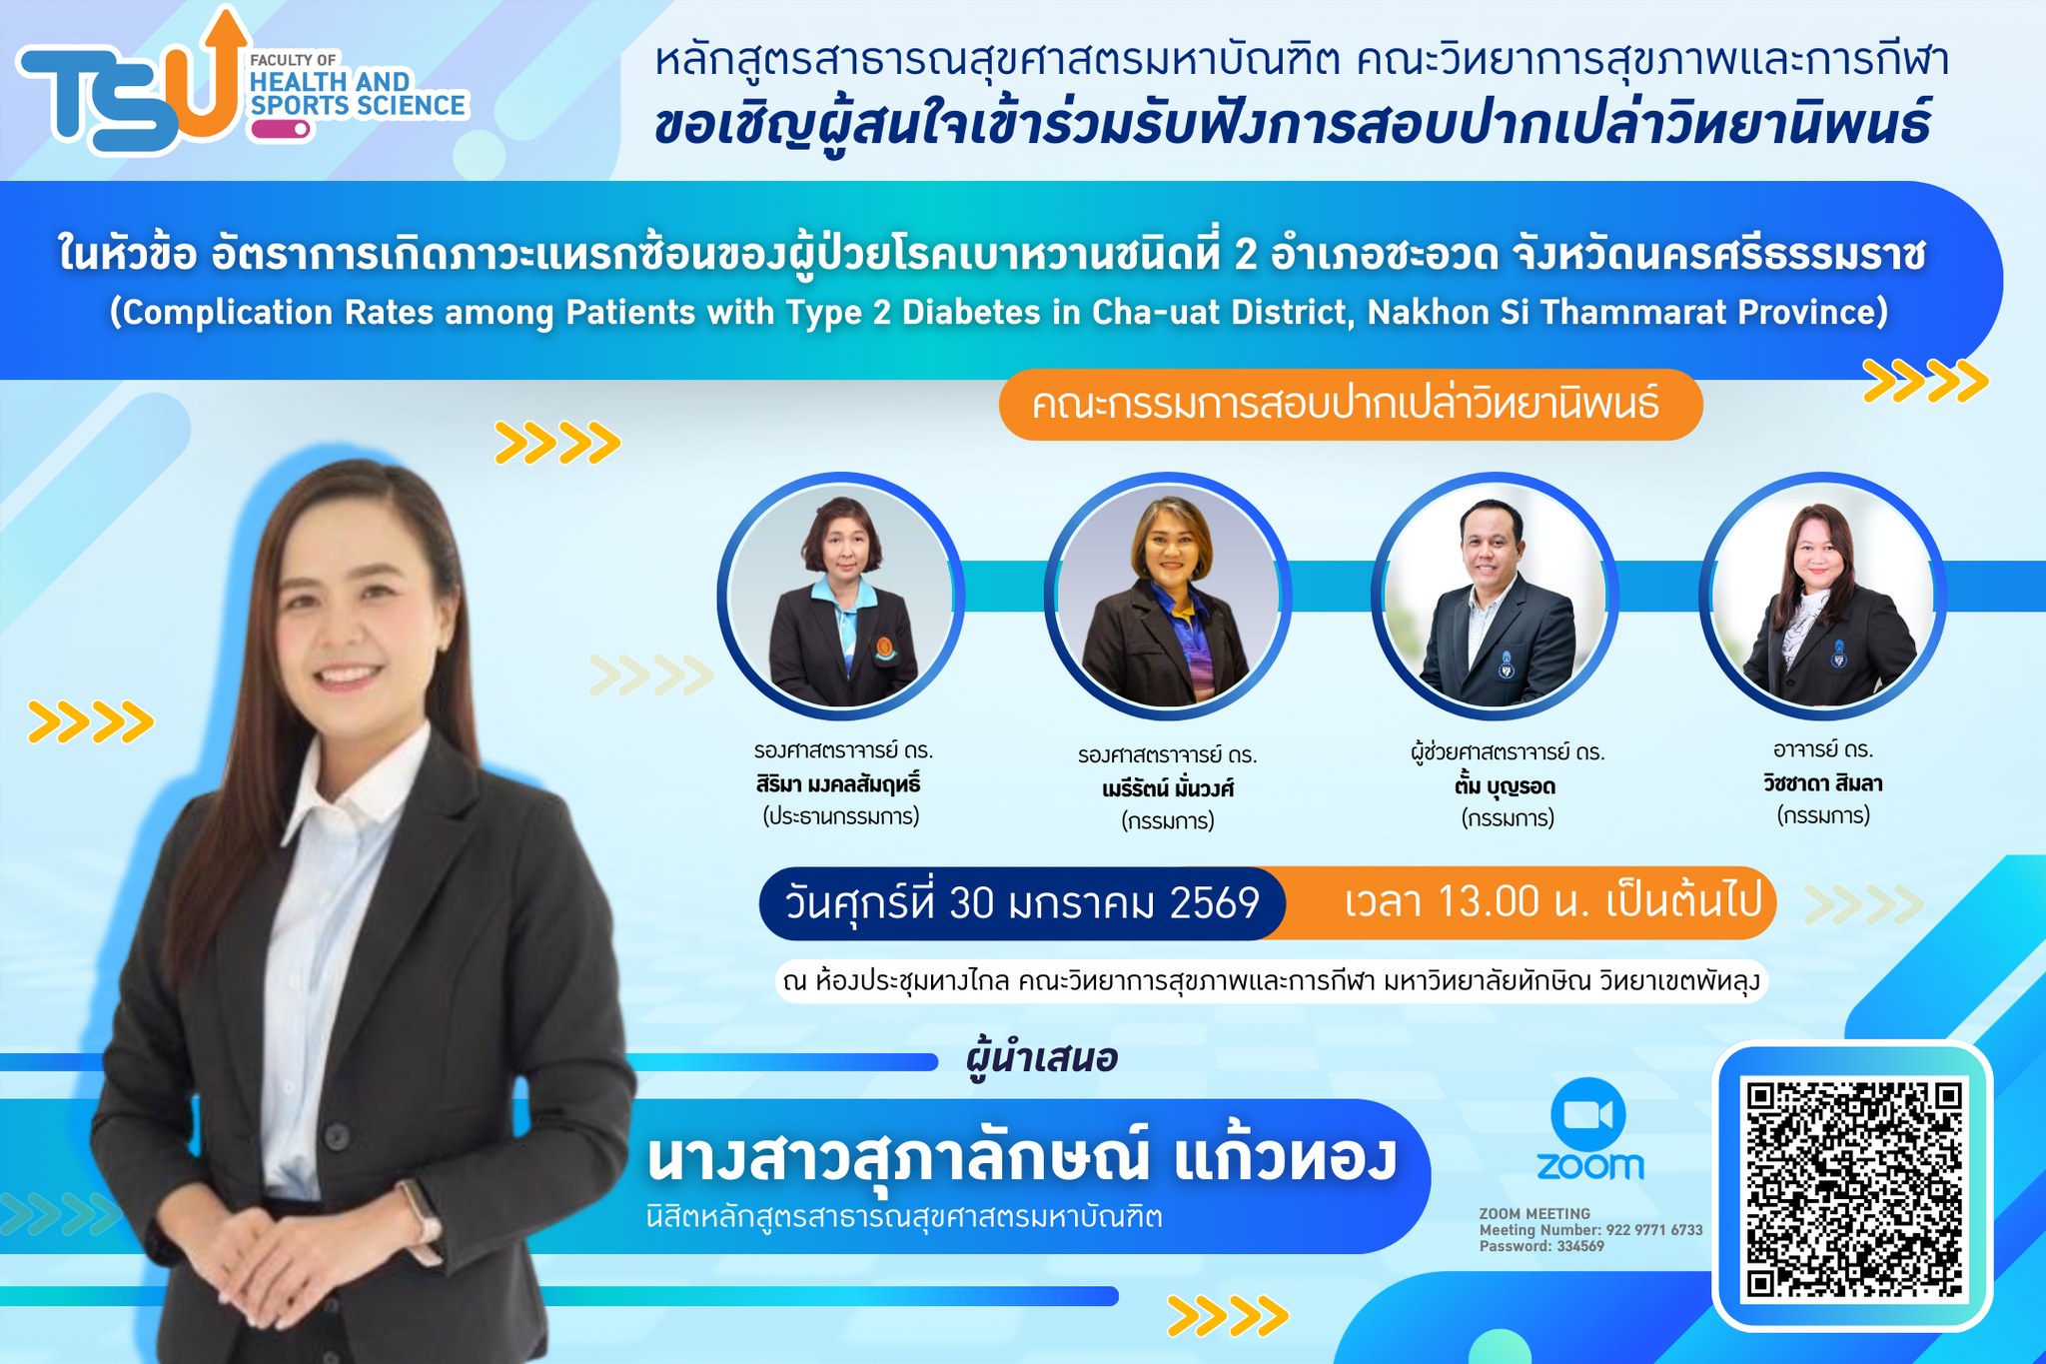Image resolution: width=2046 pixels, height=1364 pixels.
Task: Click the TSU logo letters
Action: click(x=130, y=85)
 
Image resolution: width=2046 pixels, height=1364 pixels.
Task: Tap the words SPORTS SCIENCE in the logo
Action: click(x=358, y=106)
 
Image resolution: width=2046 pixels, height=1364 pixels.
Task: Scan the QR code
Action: click(x=1853, y=1189)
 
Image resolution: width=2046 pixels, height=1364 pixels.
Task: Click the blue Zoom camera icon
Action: click(x=1588, y=1113)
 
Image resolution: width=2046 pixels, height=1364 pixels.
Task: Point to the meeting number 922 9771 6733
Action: click(x=1654, y=1230)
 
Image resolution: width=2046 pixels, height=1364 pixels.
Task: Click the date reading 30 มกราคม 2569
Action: click(x=1104, y=903)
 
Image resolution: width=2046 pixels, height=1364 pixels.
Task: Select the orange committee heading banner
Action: click(x=1350, y=405)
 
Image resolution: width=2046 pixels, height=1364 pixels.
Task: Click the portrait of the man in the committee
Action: click(x=1496, y=597)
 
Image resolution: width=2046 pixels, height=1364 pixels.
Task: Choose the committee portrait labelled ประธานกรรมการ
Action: click(x=841, y=597)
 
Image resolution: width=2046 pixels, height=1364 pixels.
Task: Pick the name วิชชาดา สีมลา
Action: click(x=1823, y=783)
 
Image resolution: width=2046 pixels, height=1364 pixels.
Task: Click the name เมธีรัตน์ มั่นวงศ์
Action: click(x=1168, y=788)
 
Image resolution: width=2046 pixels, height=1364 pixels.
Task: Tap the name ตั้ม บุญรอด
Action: click(x=1506, y=786)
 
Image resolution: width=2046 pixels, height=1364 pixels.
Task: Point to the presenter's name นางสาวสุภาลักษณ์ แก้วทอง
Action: click(x=1021, y=1159)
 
